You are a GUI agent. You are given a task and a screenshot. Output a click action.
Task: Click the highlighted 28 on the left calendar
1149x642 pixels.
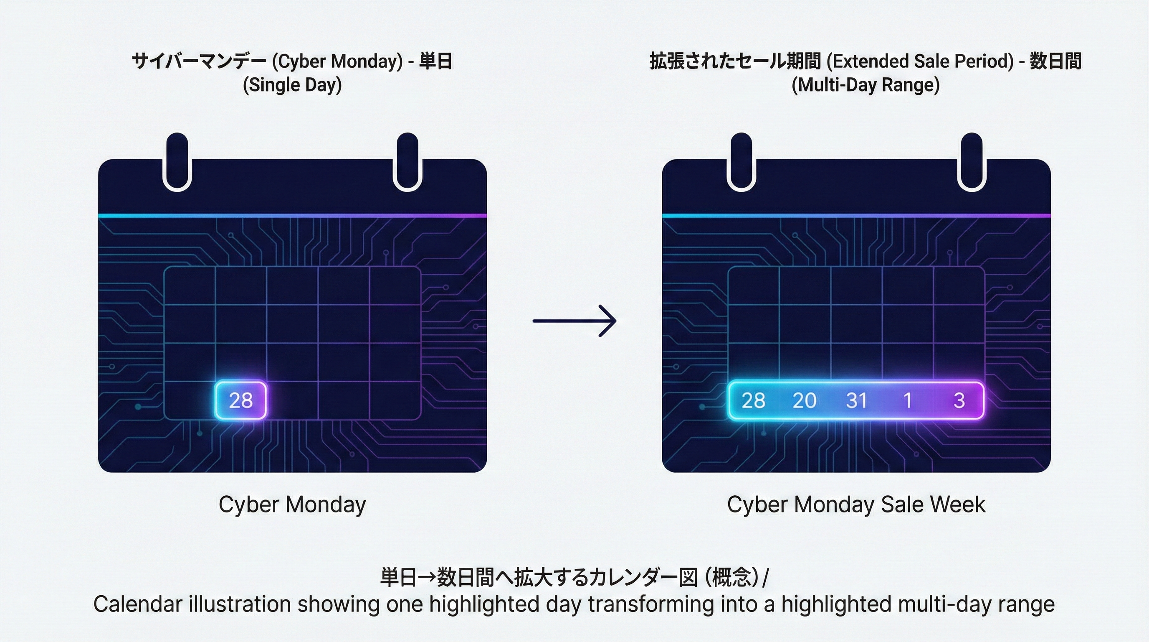click(x=241, y=400)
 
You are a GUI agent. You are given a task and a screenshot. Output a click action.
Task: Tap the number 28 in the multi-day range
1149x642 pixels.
click(x=753, y=400)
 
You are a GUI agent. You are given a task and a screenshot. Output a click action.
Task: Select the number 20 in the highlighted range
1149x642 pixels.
click(x=805, y=400)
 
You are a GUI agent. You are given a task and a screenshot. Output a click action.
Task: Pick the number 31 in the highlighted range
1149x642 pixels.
click(x=856, y=400)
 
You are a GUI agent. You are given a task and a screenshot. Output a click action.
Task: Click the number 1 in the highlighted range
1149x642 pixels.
click(x=908, y=400)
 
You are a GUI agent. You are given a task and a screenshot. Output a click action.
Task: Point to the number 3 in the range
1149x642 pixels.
click(x=959, y=400)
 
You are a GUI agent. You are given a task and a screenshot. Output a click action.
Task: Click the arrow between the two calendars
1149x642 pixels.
click(x=574, y=321)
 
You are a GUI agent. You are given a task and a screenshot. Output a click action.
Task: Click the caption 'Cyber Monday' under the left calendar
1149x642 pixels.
click(x=293, y=505)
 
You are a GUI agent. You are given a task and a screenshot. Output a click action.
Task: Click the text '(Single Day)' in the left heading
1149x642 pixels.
click(x=293, y=85)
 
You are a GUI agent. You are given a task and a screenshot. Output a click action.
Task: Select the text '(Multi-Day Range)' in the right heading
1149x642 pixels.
click(x=866, y=85)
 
